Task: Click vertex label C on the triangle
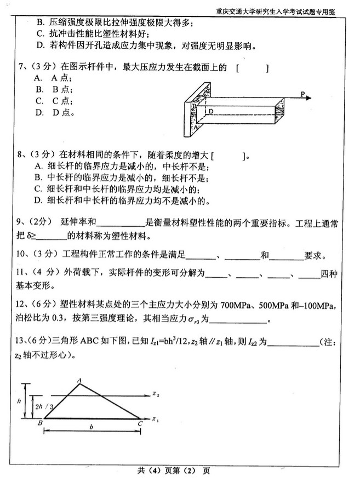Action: coord(140,423)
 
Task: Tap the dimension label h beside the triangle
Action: coord(19,401)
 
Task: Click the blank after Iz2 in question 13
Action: coord(294,343)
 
